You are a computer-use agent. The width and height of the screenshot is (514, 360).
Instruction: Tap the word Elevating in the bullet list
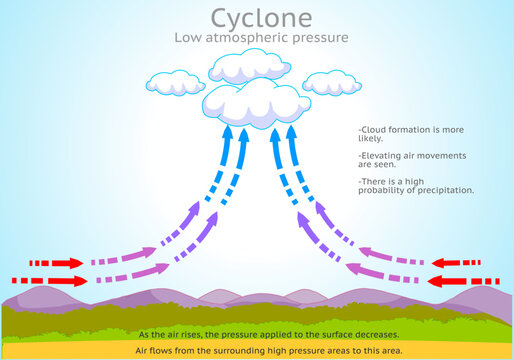coord(382,156)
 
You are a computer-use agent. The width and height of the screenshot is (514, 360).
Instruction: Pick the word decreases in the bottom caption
coord(373,334)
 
